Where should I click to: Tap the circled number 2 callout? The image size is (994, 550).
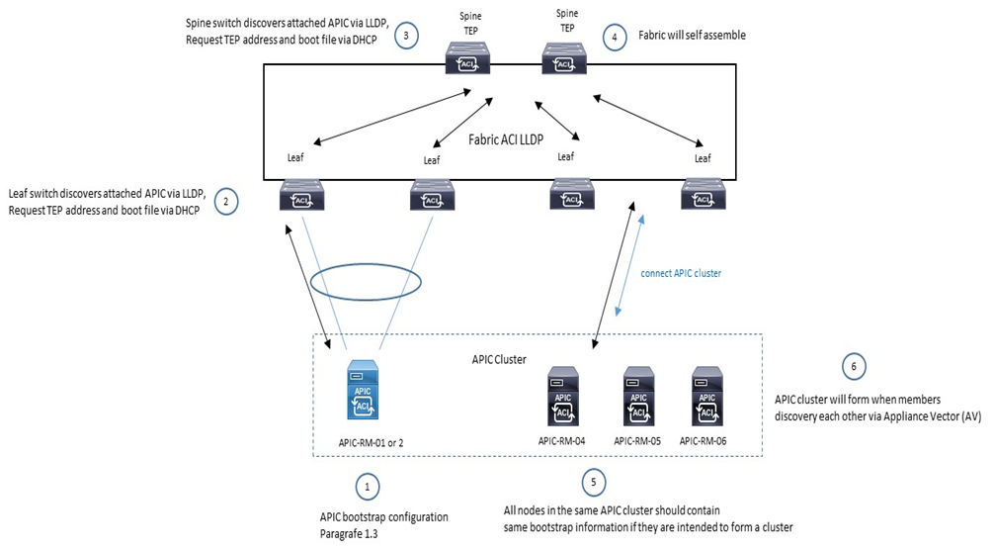point(226,202)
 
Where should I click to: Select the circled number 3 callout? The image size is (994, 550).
point(407,35)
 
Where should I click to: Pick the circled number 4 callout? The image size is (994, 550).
point(616,38)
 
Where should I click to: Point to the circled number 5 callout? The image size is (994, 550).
point(593,482)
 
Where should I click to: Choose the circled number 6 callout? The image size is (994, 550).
point(854,366)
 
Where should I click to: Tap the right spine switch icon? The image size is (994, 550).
point(565,58)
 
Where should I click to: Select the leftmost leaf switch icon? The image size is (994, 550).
point(299,193)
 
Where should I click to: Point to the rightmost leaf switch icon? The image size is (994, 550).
point(703,193)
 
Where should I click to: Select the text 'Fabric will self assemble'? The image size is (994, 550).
point(690,35)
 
